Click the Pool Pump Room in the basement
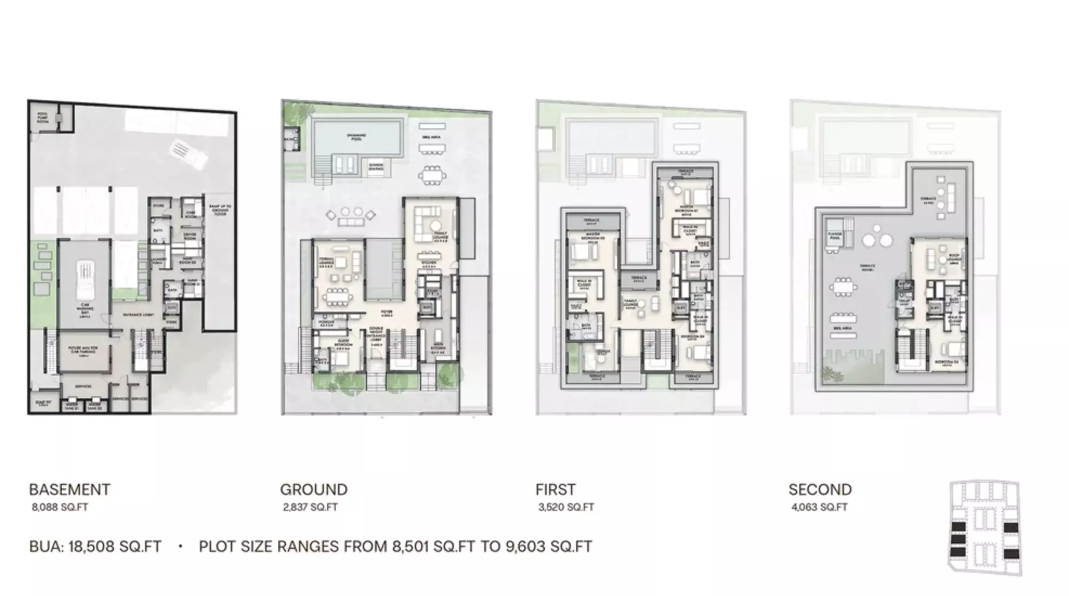(x=43, y=118)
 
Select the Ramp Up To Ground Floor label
(x=220, y=210)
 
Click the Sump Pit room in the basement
(x=43, y=404)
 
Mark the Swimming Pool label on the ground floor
(x=356, y=137)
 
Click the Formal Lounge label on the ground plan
(x=326, y=263)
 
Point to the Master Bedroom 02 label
(x=592, y=238)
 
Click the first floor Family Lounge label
(x=630, y=303)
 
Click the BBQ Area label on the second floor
(x=843, y=328)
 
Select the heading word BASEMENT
(x=69, y=490)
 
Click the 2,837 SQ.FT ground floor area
(x=310, y=508)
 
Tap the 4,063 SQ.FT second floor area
(x=819, y=508)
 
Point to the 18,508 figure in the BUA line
(x=90, y=547)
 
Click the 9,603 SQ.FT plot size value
(x=549, y=547)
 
